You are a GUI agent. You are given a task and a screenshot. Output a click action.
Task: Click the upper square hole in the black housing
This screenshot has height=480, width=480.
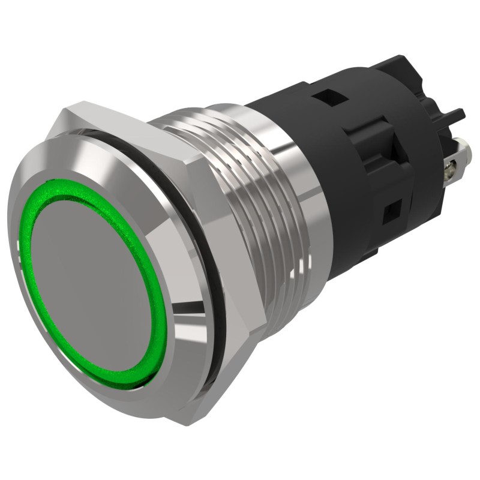328,95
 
